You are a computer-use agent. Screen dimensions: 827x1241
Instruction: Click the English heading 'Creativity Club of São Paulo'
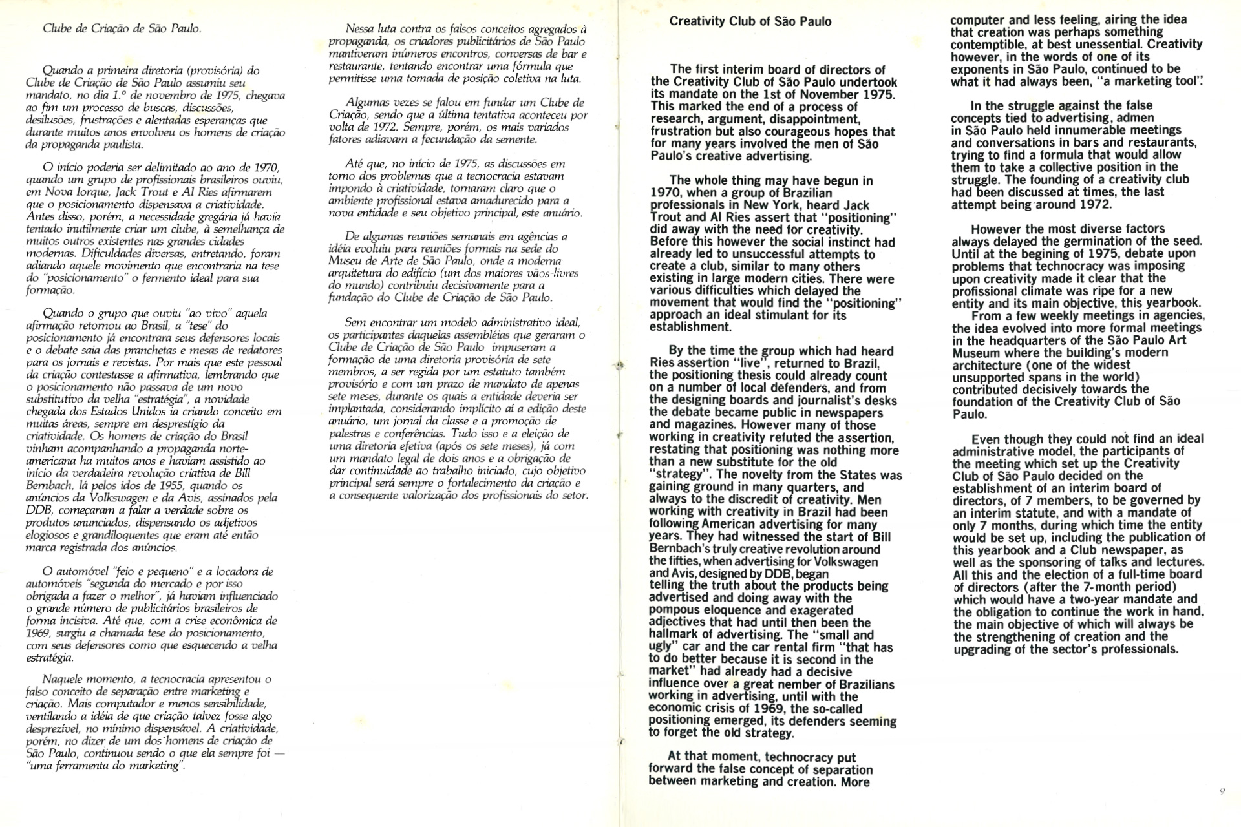750,21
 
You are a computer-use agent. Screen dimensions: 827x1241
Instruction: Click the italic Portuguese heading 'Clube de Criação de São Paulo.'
122,28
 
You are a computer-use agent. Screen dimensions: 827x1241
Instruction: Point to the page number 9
1222,790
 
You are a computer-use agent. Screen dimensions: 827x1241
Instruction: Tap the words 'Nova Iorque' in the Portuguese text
72,192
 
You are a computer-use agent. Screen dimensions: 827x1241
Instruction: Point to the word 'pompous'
672,611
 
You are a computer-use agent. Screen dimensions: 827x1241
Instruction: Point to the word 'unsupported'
988,377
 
